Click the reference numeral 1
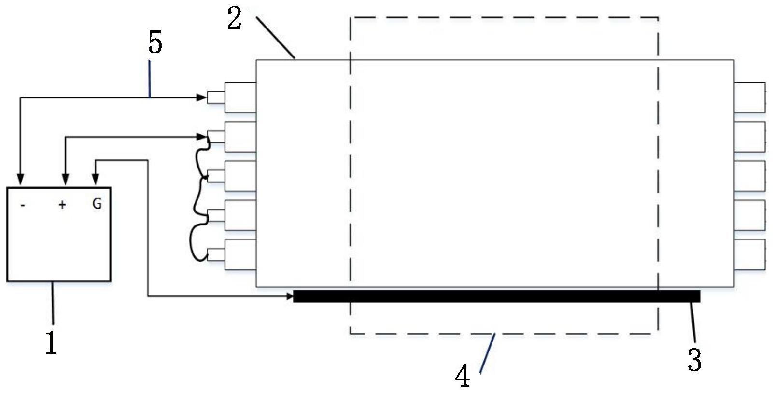point(51,342)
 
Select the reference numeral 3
point(694,360)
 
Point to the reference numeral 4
point(463,376)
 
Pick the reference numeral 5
point(155,42)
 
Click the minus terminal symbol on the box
point(23,205)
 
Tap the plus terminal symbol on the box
point(62,205)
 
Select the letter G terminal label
point(97,204)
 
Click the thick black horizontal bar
point(496,296)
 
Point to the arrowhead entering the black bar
point(289,296)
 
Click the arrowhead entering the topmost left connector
point(201,98)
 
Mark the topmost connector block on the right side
point(749,98)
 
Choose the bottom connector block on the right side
point(749,254)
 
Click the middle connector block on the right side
point(749,176)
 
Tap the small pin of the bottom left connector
point(216,254)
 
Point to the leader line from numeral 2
point(275,37)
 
